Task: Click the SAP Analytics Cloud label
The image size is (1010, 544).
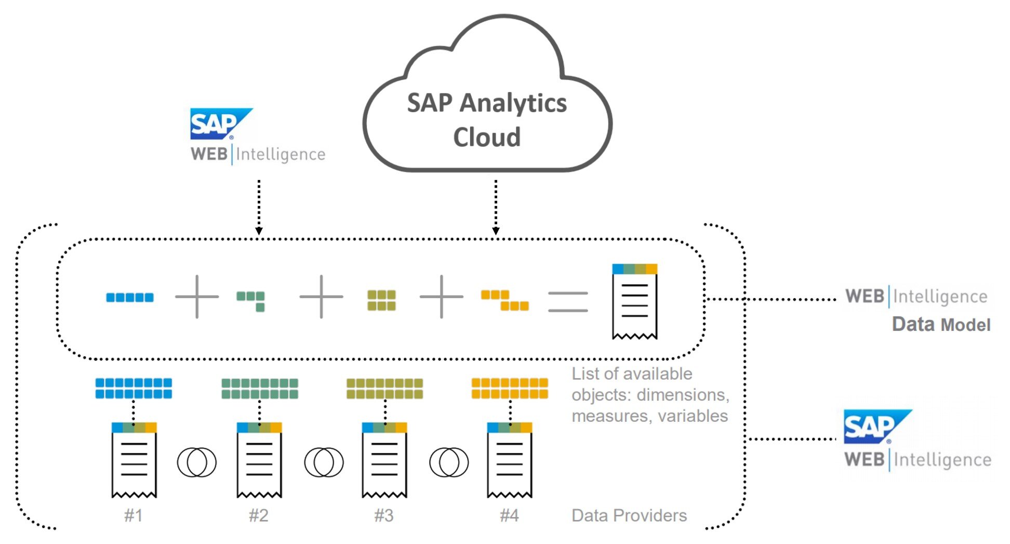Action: [487, 120]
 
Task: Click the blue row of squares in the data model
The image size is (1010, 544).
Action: [130, 297]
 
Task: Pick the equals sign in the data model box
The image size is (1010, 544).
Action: [568, 301]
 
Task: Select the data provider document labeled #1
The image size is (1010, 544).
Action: [134, 460]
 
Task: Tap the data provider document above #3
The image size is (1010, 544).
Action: [384, 460]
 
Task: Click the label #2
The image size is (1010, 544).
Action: [259, 515]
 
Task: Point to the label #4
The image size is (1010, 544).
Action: [509, 515]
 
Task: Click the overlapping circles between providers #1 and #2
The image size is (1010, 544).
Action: [197, 462]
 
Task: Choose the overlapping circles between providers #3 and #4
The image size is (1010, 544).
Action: [449, 462]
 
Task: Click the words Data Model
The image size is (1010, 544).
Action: [941, 325]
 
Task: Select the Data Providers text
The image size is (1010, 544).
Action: [629, 515]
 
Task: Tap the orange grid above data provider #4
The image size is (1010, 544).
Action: [510, 389]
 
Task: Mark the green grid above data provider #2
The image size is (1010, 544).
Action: [260, 389]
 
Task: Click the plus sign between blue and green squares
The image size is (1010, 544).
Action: [197, 297]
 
